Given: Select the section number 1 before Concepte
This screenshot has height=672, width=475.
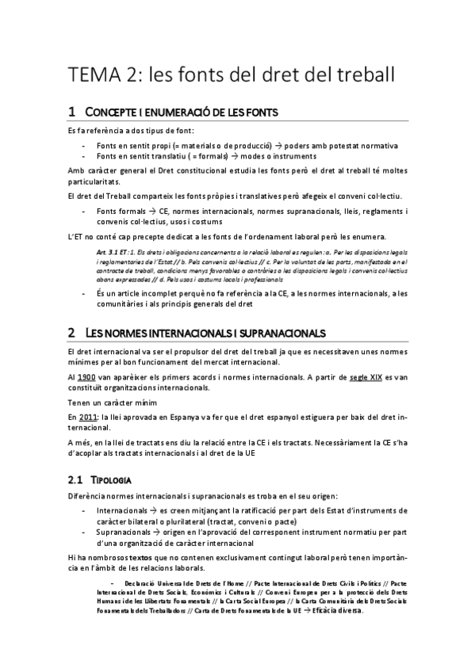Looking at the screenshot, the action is (x=71, y=111).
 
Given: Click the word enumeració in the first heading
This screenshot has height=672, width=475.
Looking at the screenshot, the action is (x=174, y=112).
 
